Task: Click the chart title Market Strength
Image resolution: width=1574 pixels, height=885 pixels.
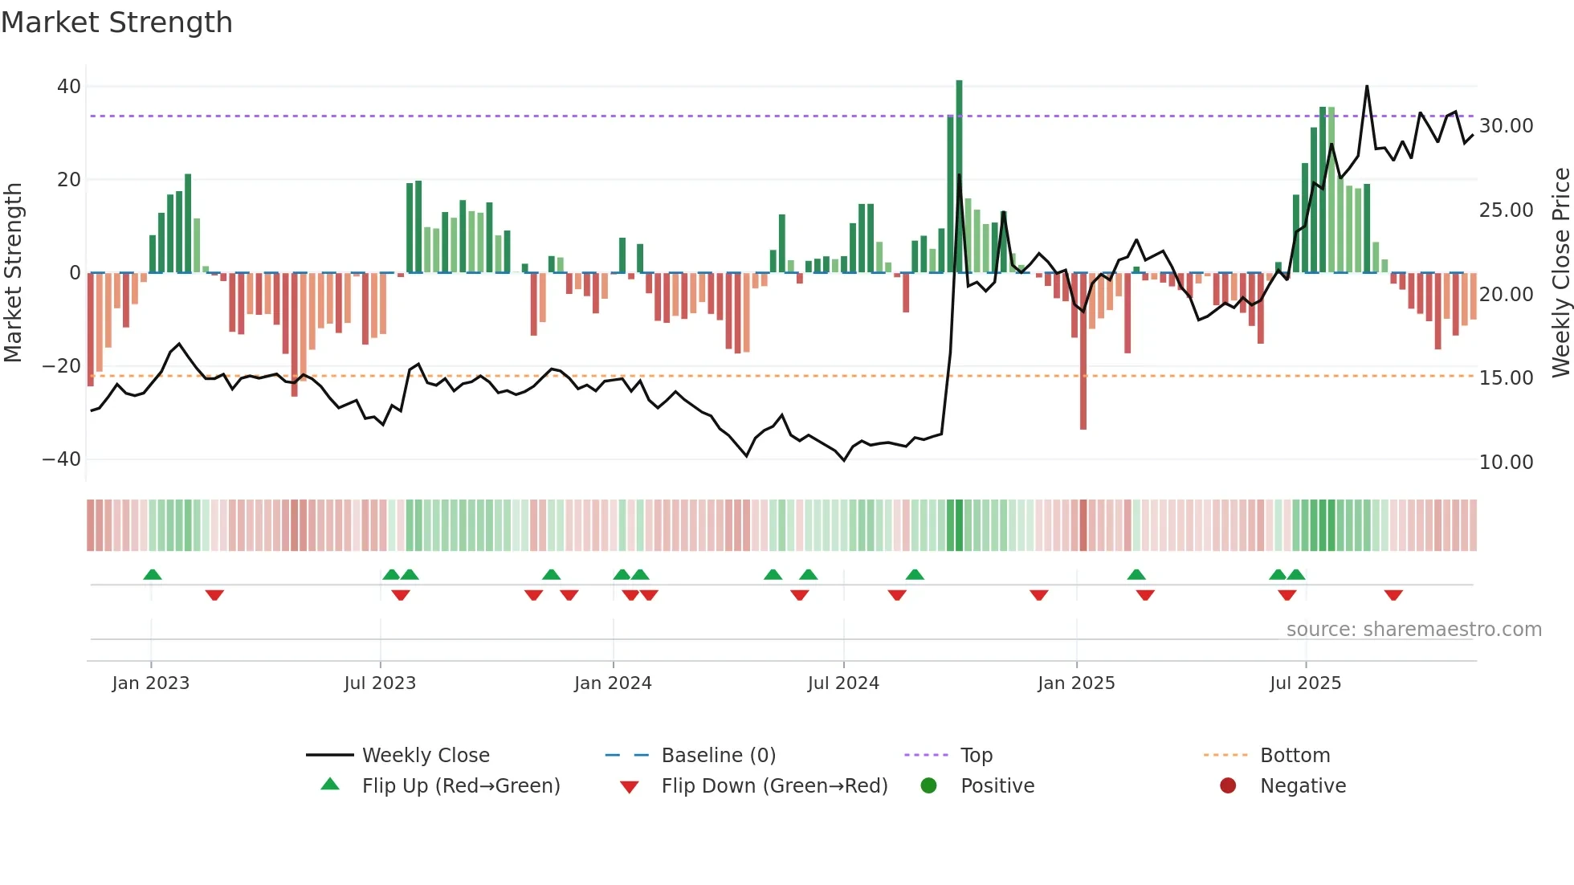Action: coord(116,22)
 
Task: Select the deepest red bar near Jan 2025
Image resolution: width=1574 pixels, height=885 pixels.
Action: coord(1083,353)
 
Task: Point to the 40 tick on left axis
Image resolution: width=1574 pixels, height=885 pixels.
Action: coord(69,87)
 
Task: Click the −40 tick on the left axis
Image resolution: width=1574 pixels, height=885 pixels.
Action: coord(62,459)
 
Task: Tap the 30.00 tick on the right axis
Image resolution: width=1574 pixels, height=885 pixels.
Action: coord(1506,126)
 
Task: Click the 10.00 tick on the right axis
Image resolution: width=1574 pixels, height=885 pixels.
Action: coord(1506,463)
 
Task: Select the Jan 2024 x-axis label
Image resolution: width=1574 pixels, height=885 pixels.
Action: coord(613,683)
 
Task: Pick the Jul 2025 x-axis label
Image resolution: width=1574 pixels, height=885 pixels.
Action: coord(1305,683)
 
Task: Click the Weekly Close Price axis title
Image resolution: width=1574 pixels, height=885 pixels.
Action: coord(1560,273)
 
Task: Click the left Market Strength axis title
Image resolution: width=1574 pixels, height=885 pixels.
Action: coord(13,273)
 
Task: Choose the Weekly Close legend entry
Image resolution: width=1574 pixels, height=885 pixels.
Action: coord(425,756)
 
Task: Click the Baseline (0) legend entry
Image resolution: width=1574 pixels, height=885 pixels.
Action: coord(718,756)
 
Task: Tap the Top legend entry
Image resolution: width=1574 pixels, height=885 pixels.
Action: coord(976,756)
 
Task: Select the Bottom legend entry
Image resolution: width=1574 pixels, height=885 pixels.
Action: coord(1295,756)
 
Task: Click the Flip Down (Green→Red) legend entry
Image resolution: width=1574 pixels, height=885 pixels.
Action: coord(773,786)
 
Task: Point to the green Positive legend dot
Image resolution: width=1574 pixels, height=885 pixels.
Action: coord(928,786)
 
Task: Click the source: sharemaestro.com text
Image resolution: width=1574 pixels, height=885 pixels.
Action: coord(1413,630)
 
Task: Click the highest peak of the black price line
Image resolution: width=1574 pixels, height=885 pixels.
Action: coord(1367,87)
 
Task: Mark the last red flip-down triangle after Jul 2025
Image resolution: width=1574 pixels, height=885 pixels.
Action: coord(1393,595)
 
